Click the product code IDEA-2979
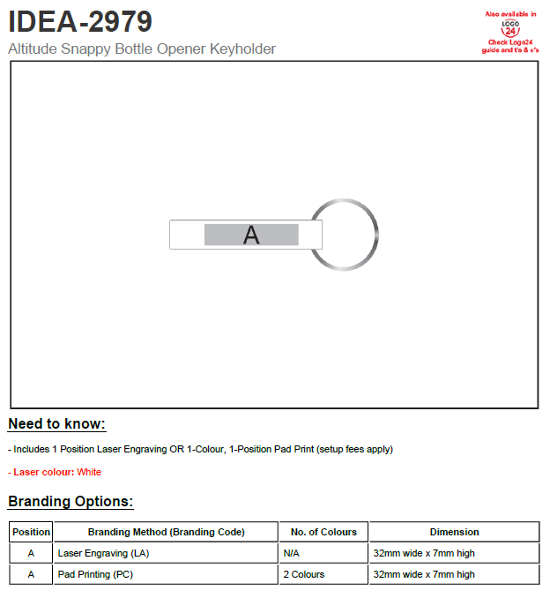point(80,20)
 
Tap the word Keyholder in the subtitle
point(242,49)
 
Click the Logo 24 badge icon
point(510,29)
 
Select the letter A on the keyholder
point(251,235)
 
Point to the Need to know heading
point(56,424)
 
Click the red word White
point(89,472)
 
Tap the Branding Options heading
point(71,502)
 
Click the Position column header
point(32,532)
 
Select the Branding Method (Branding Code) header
point(166,532)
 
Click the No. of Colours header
point(323,532)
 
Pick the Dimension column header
point(454,532)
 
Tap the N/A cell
point(292,553)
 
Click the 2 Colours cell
point(303,574)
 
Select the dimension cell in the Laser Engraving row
point(424,553)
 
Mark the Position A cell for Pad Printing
point(32,574)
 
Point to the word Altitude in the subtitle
point(33,49)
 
